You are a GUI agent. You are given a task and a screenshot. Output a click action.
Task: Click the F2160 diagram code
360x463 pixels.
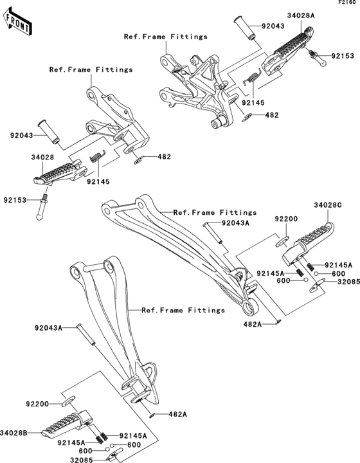[x=347, y=3]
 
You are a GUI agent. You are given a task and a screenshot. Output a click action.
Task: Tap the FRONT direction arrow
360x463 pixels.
[x=18, y=21]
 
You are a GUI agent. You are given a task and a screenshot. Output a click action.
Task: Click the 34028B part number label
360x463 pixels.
[x=15, y=434]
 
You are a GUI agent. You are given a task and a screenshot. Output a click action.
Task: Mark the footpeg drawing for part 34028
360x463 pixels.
[x=61, y=171]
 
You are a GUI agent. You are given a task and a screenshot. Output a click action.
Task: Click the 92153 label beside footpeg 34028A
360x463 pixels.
[x=341, y=56]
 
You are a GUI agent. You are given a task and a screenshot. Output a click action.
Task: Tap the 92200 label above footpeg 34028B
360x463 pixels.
[x=39, y=404]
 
